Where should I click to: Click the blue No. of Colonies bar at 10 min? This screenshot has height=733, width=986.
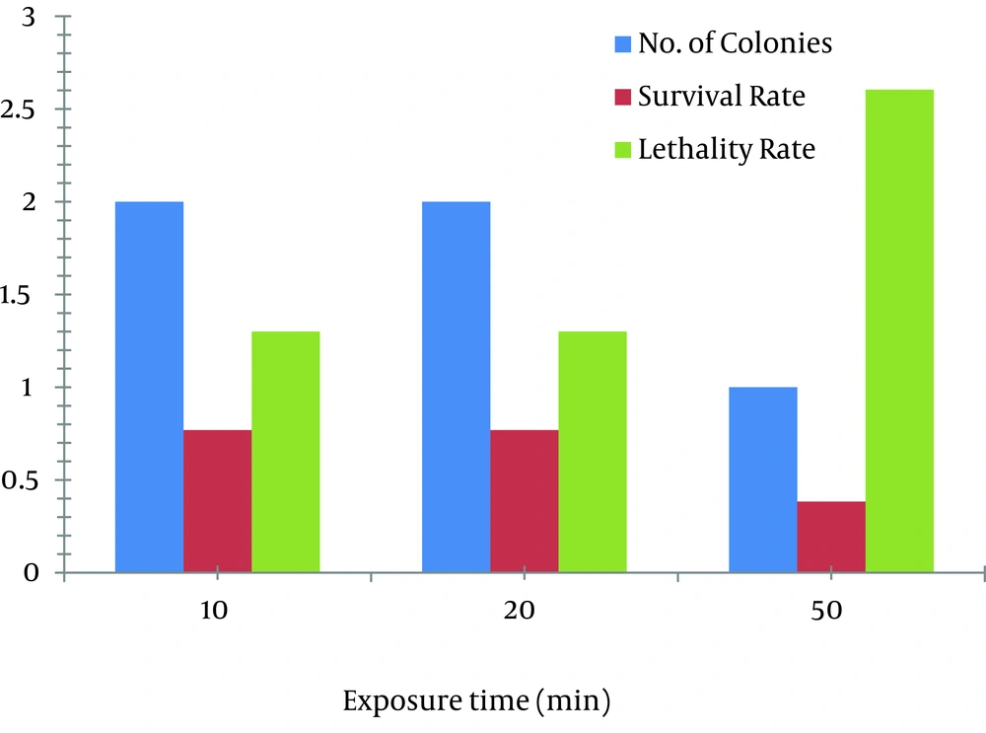pos(150,387)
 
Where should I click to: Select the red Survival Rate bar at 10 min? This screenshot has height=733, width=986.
pos(218,501)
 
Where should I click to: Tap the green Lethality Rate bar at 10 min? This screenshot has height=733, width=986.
pos(286,452)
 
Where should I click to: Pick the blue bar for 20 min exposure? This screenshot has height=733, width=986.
pos(457,387)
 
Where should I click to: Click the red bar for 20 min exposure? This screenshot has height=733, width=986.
pos(525,501)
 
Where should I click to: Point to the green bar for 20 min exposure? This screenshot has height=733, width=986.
pos(593,452)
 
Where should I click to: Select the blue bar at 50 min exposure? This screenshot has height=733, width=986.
pos(763,479)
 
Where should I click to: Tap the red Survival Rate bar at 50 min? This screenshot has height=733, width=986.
pos(831,537)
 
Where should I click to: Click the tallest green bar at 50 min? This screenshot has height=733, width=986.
pos(899,330)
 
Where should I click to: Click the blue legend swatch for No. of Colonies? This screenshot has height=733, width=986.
pos(622,44)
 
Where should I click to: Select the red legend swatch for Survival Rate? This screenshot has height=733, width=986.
pos(622,98)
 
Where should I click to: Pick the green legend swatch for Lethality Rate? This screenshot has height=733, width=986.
pos(622,151)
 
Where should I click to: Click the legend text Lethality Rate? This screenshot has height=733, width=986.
pos(727,150)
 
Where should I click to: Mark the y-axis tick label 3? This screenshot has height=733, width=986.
pos(29,18)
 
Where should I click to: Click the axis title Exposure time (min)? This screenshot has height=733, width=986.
pos(476,702)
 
